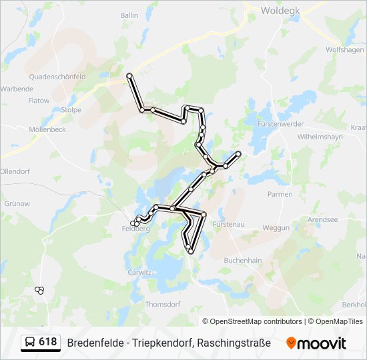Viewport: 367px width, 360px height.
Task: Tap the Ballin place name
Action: (129, 15)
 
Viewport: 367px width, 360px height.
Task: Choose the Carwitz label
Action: (140, 272)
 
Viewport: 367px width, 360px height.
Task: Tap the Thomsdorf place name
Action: (163, 304)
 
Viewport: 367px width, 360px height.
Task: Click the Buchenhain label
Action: (242, 260)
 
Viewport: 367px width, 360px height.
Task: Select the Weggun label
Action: (276, 227)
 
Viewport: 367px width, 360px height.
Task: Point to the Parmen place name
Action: (280, 194)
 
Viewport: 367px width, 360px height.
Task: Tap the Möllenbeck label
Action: (47, 129)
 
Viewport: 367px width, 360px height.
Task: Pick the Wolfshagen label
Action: (344, 50)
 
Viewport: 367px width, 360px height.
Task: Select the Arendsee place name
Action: (323, 219)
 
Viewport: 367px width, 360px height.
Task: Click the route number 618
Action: (48, 342)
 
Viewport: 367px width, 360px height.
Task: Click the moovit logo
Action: (316, 343)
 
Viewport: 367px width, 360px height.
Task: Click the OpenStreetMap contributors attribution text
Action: (256, 321)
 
